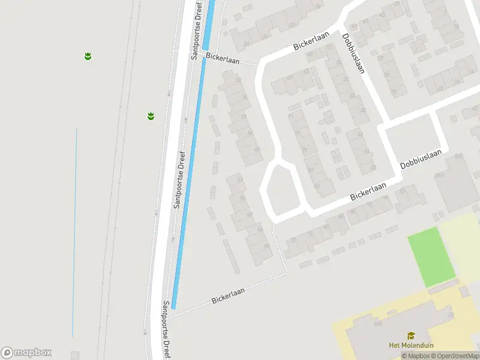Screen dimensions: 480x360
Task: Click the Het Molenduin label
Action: click(411, 345)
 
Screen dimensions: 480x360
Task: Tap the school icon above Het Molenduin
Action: click(411, 336)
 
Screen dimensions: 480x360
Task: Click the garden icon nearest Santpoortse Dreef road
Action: click(151, 116)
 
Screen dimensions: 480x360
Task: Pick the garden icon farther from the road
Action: click(88, 56)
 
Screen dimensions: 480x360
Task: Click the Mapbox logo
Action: click(26, 353)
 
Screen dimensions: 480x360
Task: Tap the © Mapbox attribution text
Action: click(415, 356)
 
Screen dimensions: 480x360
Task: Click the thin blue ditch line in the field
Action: click(75, 234)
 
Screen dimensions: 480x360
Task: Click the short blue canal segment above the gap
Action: click(208, 24)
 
